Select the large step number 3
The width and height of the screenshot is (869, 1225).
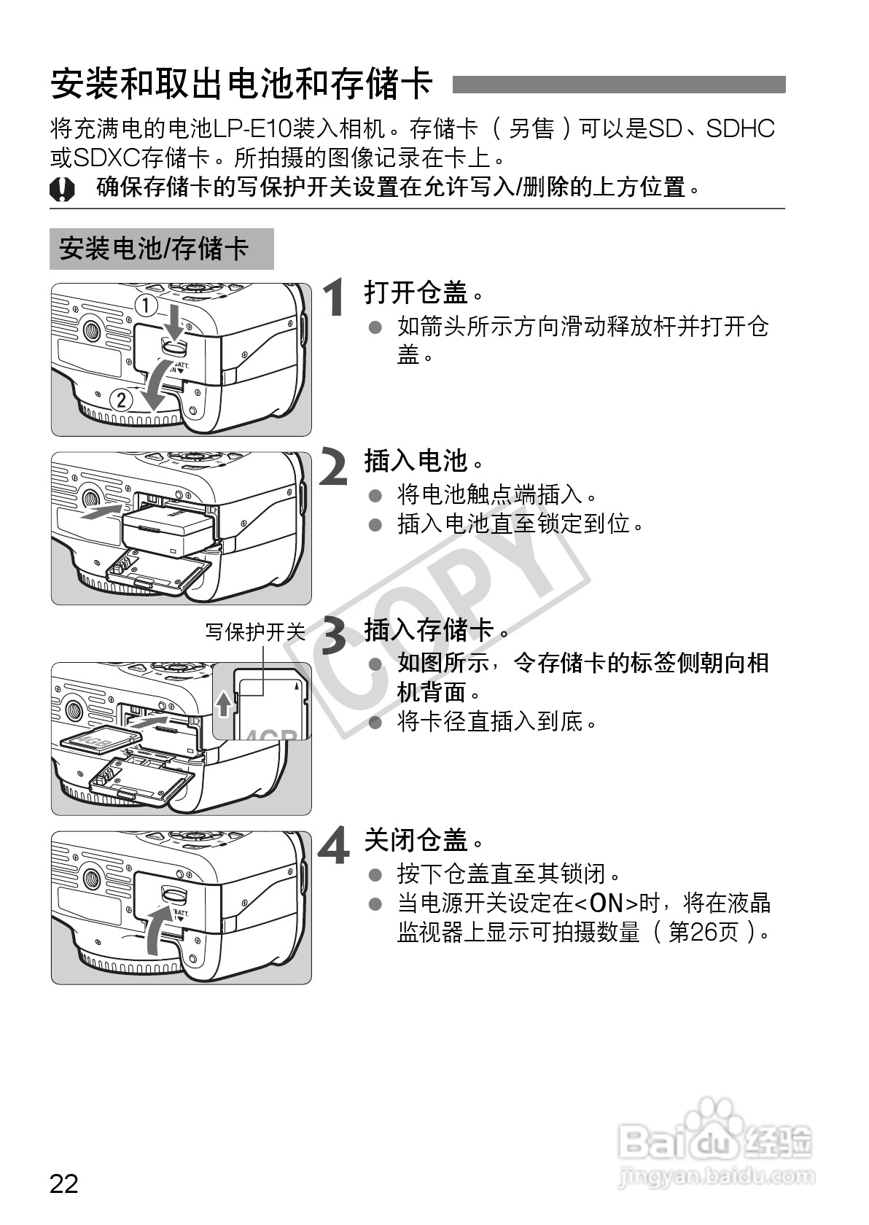click(335, 635)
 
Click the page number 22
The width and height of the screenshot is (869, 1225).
click(64, 1183)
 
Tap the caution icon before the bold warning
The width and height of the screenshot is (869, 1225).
click(62, 190)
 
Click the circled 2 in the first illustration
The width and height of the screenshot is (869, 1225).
click(121, 400)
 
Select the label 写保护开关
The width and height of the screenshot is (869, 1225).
click(255, 631)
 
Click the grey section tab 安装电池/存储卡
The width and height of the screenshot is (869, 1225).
click(161, 249)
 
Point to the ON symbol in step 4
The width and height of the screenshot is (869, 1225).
click(606, 903)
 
